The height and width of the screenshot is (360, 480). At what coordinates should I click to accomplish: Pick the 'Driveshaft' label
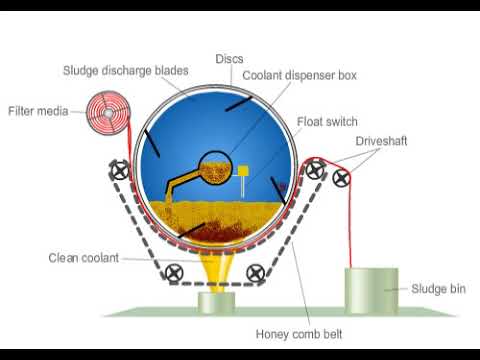[380, 141]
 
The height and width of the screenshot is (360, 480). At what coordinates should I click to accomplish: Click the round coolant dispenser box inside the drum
[214, 167]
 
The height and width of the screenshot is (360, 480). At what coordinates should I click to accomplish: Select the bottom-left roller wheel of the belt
[175, 271]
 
